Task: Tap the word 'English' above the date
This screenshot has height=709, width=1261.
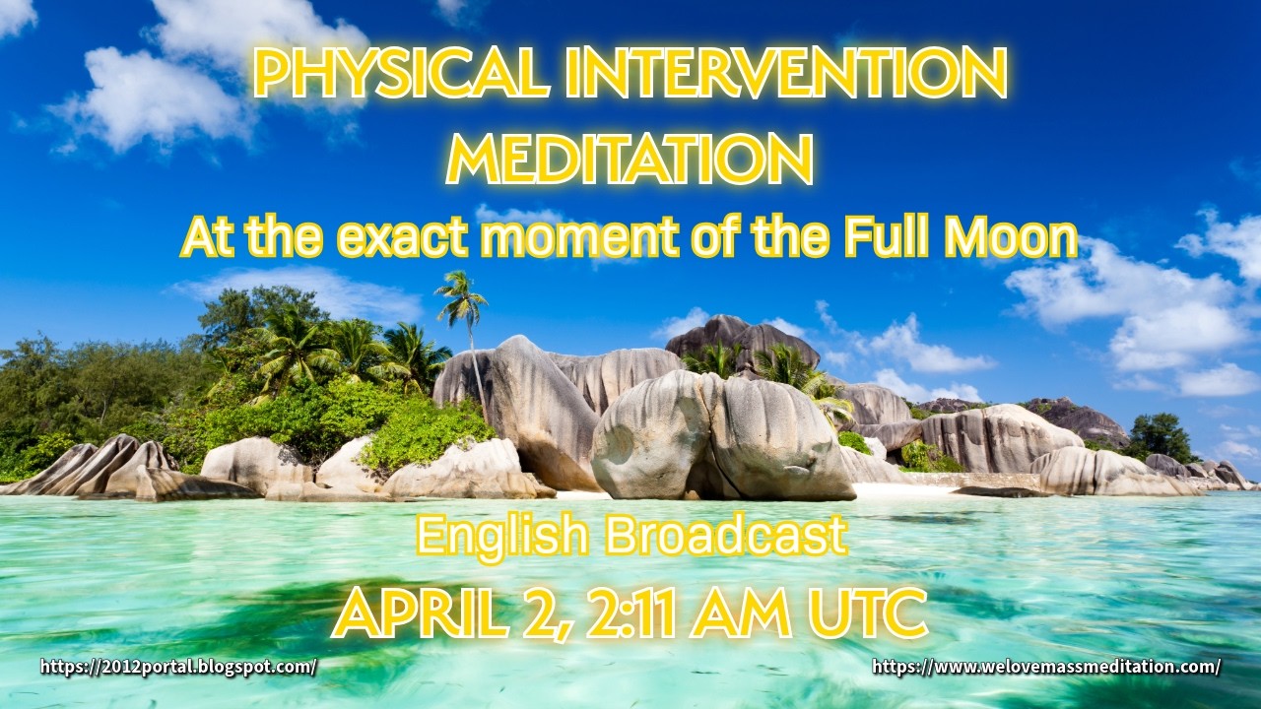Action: tap(502, 536)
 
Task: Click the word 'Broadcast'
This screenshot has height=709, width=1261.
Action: tap(726, 536)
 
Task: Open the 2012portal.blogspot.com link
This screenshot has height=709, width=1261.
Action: tap(178, 667)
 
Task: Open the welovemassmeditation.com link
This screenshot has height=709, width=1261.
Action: tap(1046, 667)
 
